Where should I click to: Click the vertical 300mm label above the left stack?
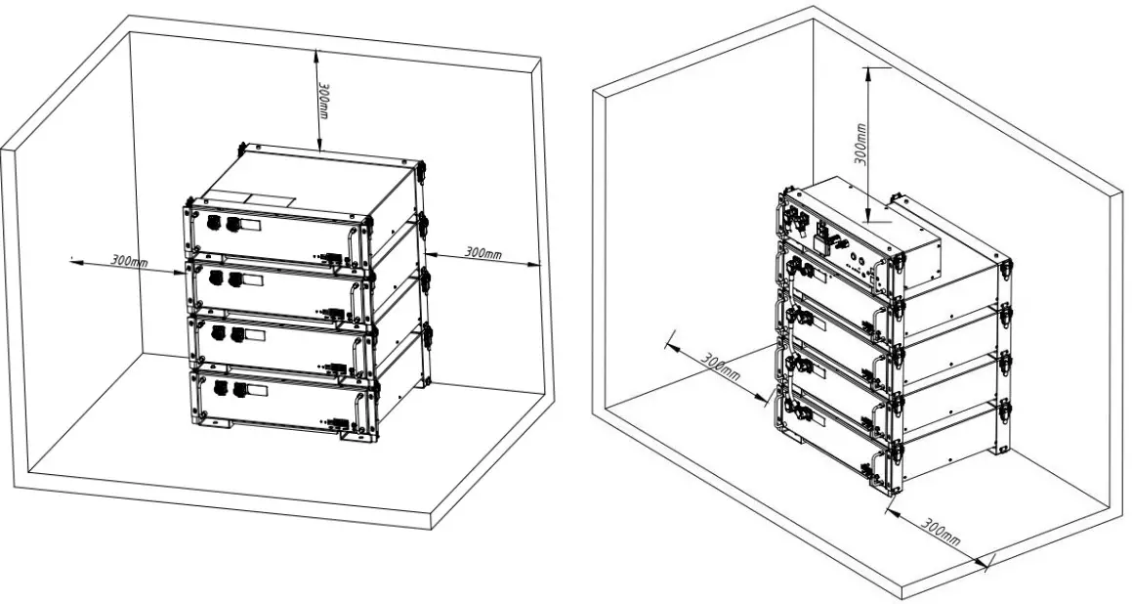point(323,97)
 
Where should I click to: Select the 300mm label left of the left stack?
point(129,261)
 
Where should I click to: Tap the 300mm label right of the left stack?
point(482,253)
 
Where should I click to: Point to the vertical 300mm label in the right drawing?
point(861,143)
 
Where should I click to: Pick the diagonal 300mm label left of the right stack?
point(722,365)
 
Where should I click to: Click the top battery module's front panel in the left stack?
point(273,235)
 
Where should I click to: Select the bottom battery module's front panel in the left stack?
point(273,401)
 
